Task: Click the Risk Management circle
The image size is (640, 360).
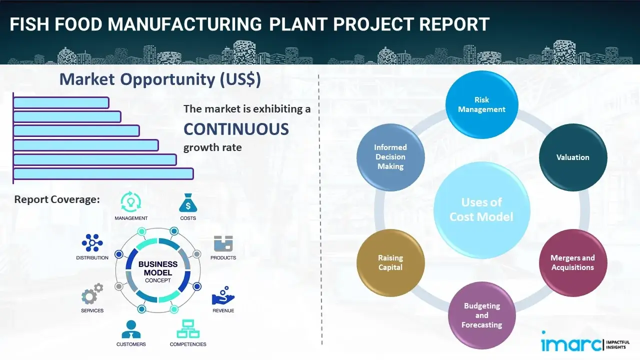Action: click(481, 105)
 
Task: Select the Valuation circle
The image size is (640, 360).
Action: click(572, 157)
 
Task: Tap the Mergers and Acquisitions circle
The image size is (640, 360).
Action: click(572, 262)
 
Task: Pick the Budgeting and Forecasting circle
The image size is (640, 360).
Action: click(481, 315)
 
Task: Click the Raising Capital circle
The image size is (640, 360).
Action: click(390, 262)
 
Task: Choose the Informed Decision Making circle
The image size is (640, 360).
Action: click(390, 157)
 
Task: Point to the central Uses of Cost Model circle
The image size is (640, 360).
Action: click(481, 209)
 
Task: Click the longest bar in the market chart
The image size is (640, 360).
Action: click(103, 173)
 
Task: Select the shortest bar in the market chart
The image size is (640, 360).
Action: click(61, 102)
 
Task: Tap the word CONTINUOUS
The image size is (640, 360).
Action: click(236, 129)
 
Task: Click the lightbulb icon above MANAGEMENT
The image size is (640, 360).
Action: click(131, 202)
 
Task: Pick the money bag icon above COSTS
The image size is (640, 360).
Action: click(188, 202)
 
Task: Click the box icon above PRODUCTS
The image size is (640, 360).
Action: click(223, 243)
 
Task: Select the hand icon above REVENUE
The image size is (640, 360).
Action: click(222, 296)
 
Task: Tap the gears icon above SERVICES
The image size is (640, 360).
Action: click(92, 295)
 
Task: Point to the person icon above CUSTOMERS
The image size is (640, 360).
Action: click(131, 329)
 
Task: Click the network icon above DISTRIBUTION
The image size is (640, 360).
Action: click(92, 243)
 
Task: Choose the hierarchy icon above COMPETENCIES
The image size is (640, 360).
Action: click(188, 329)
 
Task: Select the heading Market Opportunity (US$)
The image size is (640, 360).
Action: click(160, 79)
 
